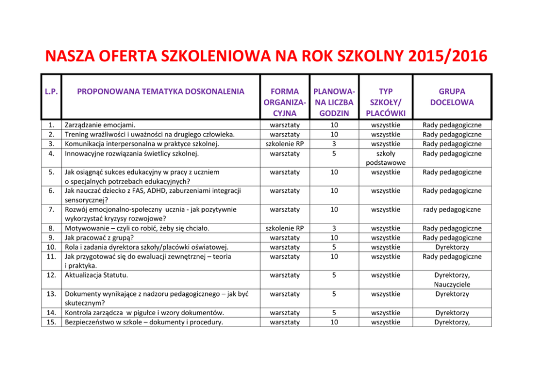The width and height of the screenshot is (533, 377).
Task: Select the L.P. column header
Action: [51, 91]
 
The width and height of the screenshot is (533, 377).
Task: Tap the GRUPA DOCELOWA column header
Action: [452, 97]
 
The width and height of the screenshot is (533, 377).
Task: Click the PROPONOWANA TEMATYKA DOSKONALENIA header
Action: [161, 91]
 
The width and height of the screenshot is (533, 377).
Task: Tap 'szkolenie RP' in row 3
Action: [285, 144]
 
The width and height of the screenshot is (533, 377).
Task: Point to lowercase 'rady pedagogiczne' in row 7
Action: [452, 209]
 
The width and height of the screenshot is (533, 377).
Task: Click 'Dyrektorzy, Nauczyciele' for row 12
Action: [452, 280]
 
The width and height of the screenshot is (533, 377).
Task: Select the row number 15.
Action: [52, 322]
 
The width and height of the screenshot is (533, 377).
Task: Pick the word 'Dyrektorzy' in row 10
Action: [452, 247]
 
